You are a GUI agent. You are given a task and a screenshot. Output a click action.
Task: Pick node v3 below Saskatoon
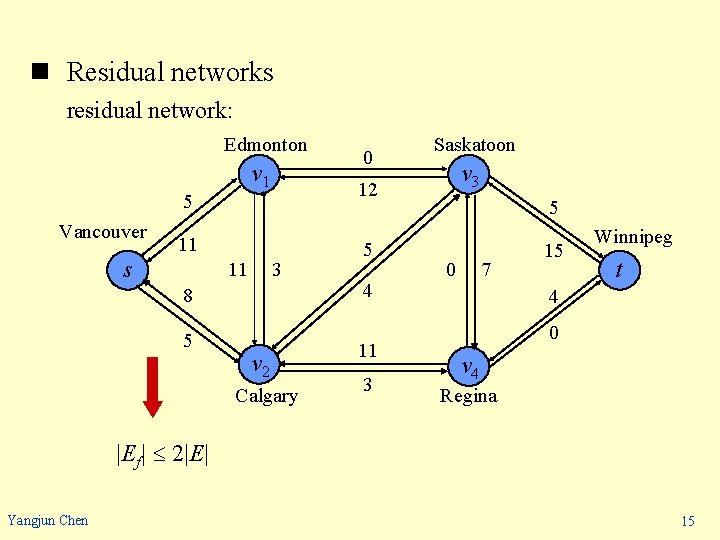click(x=468, y=178)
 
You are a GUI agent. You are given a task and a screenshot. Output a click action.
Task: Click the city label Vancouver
click(x=102, y=232)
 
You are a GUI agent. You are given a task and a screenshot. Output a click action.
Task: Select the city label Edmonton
click(x=265, y=145)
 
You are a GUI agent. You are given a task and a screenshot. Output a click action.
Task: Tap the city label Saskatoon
click(x=474, y=145)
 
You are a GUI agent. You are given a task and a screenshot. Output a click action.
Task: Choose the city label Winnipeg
click(x=633, y=238)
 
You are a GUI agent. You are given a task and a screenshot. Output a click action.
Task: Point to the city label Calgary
click(x=266, y=396)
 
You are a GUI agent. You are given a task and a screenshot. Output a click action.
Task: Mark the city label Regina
click(x=468, y=396)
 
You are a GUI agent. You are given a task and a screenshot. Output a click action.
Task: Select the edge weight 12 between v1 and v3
click(x=367, y=189)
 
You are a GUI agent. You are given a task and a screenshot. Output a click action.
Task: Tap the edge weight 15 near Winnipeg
click(x=554, y=250)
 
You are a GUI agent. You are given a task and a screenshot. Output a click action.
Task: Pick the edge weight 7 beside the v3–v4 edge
click(x=486, y=269)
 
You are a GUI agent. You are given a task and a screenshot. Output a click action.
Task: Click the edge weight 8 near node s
click(x=186, y=296)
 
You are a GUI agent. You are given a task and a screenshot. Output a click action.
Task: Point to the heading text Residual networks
click(x=169, y=72)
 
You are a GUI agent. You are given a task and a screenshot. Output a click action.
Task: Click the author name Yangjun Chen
click(x=47, y=520)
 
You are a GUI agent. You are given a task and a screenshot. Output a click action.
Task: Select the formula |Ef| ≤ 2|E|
click(x=163, y=454)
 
